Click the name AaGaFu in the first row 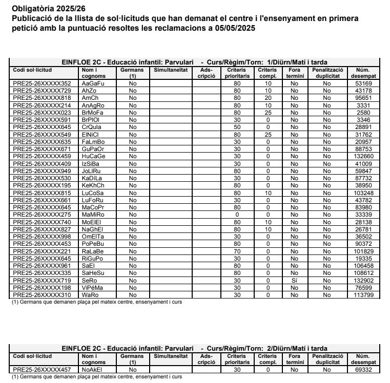coord(93,83)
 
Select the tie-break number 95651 coord(363,97)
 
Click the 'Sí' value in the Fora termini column coord(294,281)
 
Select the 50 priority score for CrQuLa coord(237,126)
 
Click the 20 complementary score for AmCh coord(268,97)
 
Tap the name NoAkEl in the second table coord(92,369)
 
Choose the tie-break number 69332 coord(363,369)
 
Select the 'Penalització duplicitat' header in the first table coord(327,72)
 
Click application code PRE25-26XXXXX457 coord(42,369)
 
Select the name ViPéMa coord(93,288)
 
